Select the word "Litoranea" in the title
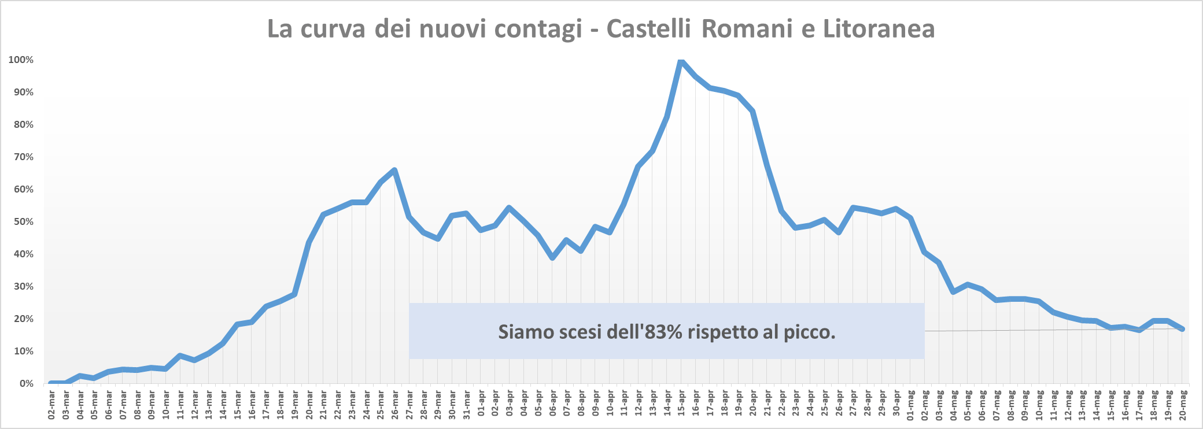(879, 29)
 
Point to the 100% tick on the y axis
(21, 60)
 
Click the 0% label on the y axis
(26, 384)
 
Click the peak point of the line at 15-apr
(681, 61)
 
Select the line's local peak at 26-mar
(394, 170)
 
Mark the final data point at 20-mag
(1182, 329)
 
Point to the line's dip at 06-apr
(552, 258)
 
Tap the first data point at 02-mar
(51, 383)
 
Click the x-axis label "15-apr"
(681, 405)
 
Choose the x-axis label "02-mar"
(51, 405)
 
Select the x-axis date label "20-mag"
(1183, 405)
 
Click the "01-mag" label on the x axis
(910, 405)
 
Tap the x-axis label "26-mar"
(395, 405)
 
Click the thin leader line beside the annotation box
(1041, 330)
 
